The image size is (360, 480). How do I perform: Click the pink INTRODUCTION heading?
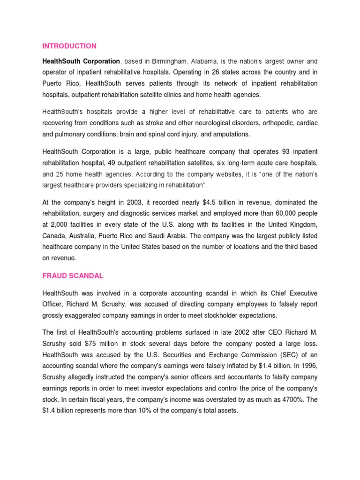69,46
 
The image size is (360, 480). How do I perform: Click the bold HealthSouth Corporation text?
81,61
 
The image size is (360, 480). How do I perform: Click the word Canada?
53,236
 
